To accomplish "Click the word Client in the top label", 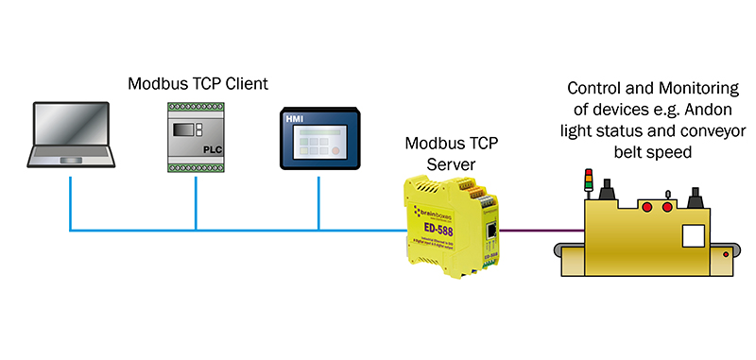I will click(245, 84).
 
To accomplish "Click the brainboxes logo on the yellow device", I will click(425, 210).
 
